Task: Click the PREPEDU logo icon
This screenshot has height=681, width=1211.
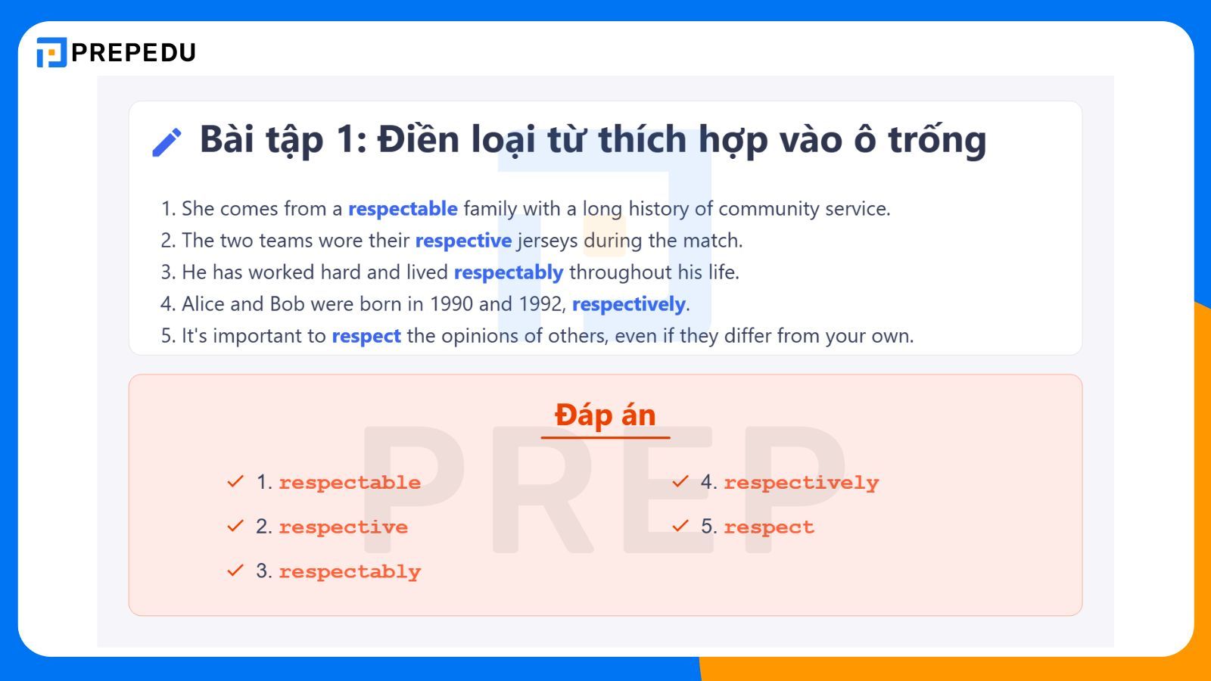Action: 51,52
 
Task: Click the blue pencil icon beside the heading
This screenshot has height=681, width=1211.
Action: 167,142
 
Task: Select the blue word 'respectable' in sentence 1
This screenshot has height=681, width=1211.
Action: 403,209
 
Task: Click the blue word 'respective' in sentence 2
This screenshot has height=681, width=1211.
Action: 463,241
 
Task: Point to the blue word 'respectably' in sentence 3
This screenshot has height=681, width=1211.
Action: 509,272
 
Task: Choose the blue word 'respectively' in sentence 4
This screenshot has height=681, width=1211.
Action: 628,304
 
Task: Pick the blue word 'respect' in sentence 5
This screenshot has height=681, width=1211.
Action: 366,336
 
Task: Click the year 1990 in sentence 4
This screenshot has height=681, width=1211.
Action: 451,304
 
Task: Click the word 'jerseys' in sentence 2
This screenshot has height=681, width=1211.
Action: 547,241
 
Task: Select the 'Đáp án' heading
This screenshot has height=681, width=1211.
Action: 605,415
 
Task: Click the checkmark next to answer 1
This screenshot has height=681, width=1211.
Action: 235,481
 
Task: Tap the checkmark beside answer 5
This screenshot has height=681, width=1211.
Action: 680,526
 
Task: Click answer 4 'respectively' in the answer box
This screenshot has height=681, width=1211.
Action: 801,483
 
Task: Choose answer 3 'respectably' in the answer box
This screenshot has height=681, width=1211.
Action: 350,571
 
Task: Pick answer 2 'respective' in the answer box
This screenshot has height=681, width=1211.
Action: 343,527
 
